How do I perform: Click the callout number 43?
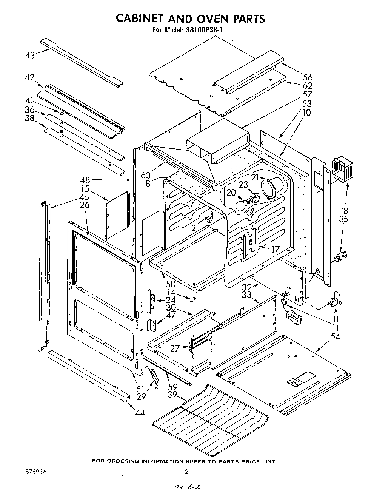pyautogui.click(x=30, y=55)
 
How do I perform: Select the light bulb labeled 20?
pyautogui.click(x=242, y=205)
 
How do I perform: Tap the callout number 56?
pyautogui.click(x=308, y=78)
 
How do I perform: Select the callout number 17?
pyautogui.click(x=275, y=249)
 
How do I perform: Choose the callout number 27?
pyautogui.click(x=174, y=349)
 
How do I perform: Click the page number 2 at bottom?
pyautogui.click(x=186, y=472)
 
